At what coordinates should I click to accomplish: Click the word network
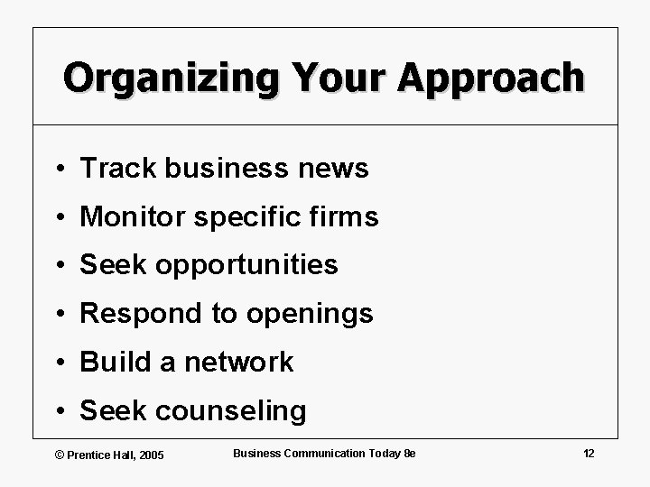238,363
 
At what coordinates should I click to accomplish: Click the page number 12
590,453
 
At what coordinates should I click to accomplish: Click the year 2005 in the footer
149,455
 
